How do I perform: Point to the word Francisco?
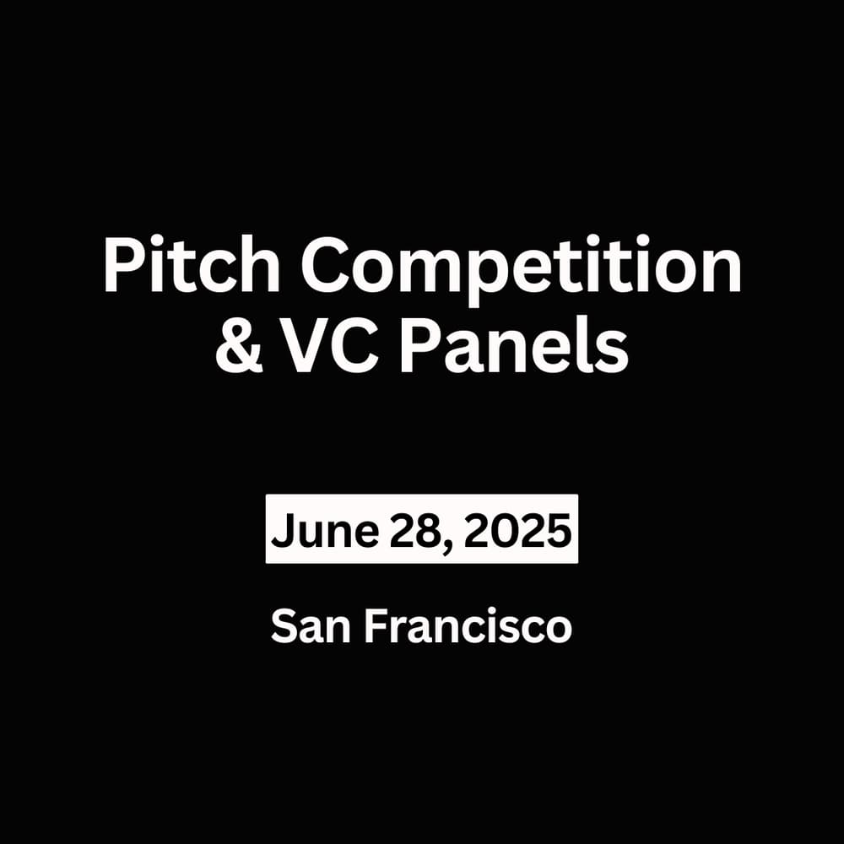click(469, 628)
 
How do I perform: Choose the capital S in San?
click(284, 628)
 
